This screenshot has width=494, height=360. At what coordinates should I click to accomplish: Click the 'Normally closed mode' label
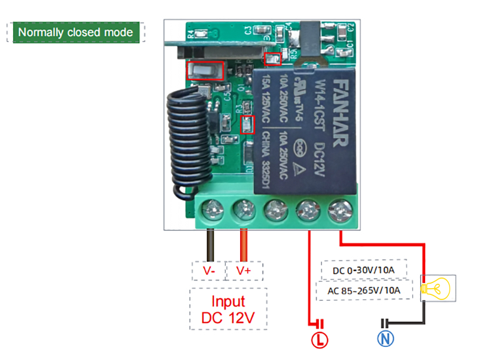coord(76,32)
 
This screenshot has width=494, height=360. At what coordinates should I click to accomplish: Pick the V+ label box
coord(243,271)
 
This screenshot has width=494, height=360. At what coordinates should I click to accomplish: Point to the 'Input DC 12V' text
coord(228,309)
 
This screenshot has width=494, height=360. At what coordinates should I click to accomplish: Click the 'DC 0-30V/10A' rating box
coord(364,270)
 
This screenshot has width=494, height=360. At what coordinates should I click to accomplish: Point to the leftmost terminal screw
coord(213,207)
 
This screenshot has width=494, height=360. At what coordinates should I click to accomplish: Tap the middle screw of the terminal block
coord(276,207)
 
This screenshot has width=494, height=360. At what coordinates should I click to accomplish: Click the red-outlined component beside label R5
coord(273,59)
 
